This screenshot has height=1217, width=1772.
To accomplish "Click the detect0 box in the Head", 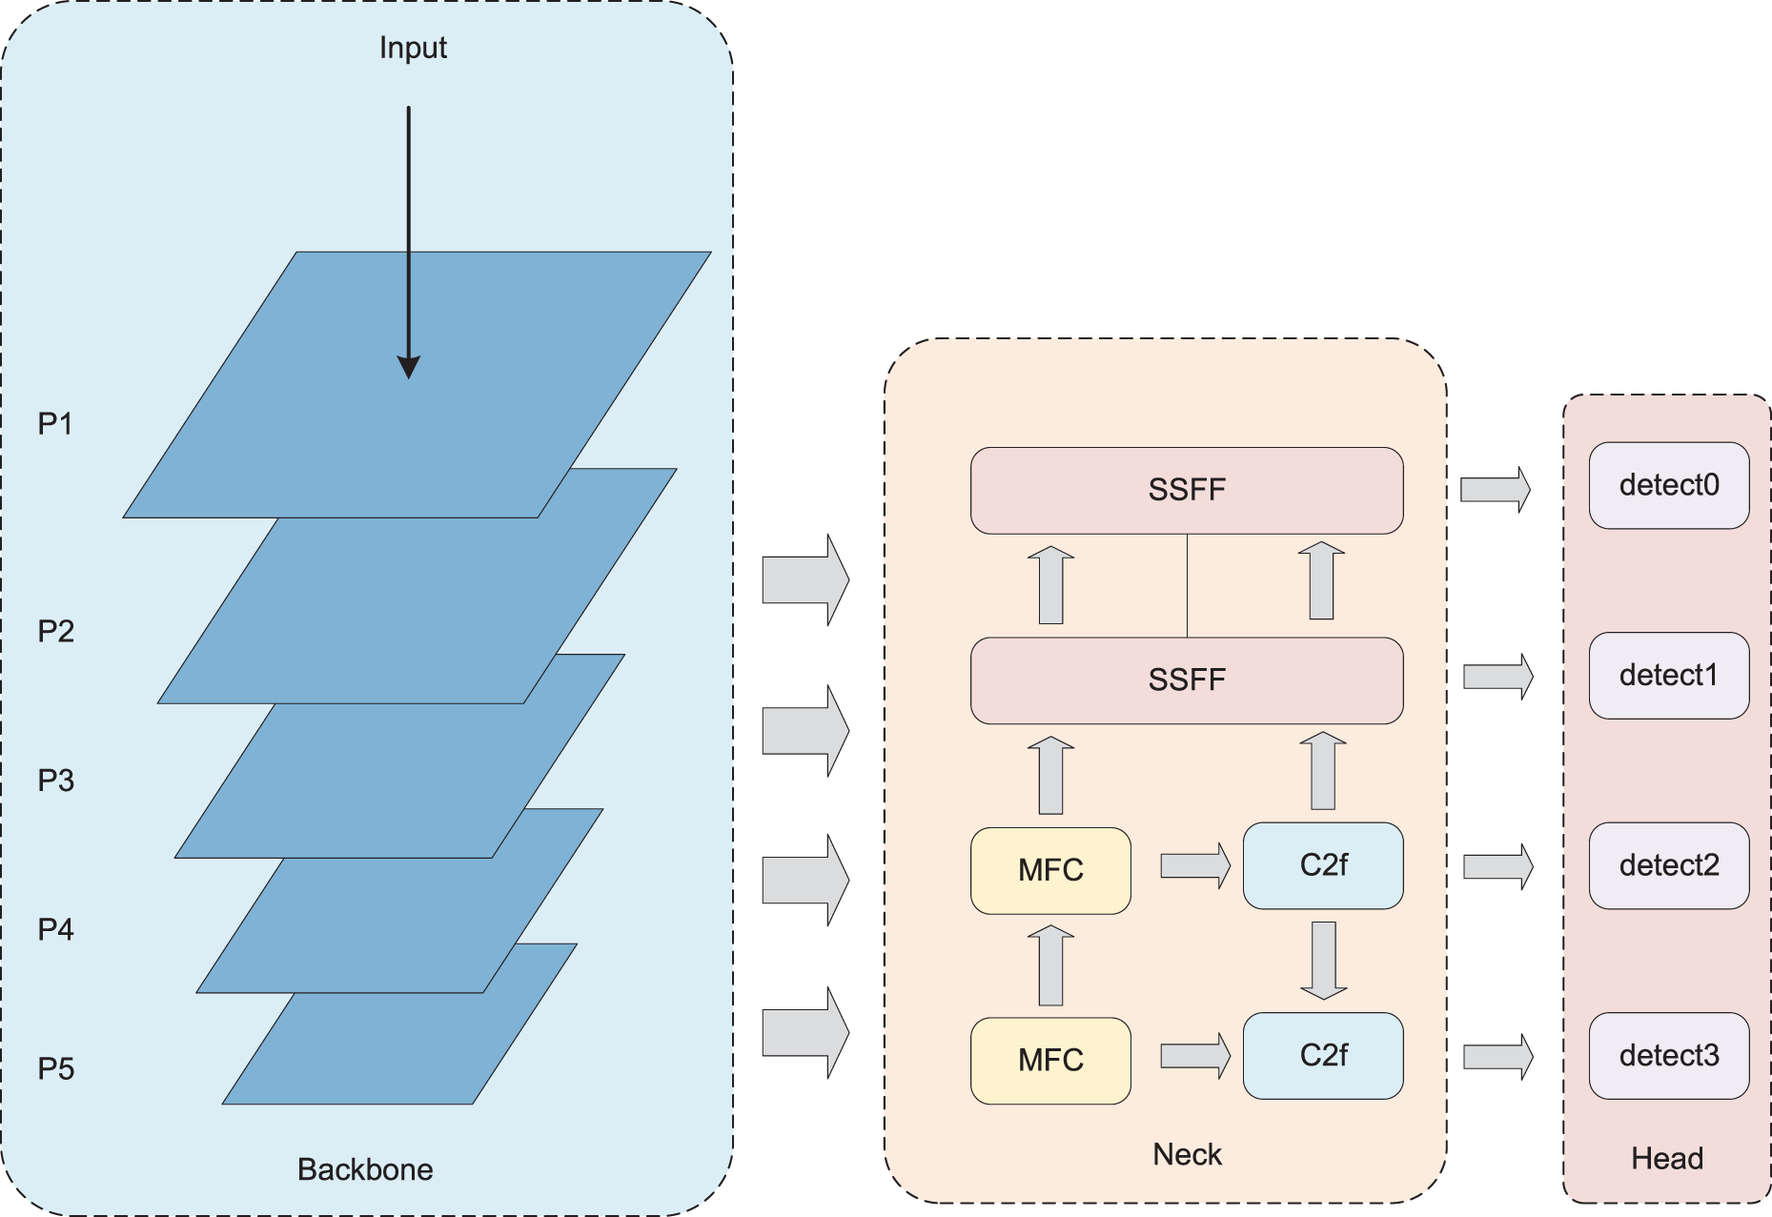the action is pyautogui.click(x=1669, y=485).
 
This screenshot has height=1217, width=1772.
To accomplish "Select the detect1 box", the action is pyautogui.click(x=1669, y=676).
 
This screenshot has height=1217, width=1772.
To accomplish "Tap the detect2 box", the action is pyautogui.click(x=1669, y=865).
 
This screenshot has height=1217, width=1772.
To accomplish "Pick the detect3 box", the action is pyautogui.click(x=1669, y=1056).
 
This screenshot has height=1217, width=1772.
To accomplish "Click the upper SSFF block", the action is pyautogui.click(x=1187, y=491).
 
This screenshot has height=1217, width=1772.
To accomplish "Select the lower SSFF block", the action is pyautogui.click(x=1187, y=680).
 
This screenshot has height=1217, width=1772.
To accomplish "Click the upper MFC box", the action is pyautogui.click(x=1050, y=871).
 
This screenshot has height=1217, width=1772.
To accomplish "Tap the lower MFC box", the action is pyautogui.click(x=1050, y=1061).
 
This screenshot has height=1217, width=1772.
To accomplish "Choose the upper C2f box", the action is pyautogui.click(x=1323, y=866).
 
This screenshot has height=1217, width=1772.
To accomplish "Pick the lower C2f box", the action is pyautogui.click(x=1323, y=1056).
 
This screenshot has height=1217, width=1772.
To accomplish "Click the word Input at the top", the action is pyautogui.click(x=413, y=48).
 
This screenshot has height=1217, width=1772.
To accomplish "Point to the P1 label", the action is pyautogui.click(x=55, y=424).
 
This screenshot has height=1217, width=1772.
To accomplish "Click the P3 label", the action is pyautogui.click(x=55, y=781).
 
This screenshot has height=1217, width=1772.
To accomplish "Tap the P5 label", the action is pyautogui.click(x=55, y=1069).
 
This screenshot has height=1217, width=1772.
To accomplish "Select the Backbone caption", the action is pyautogui.click(x=365, y=1169).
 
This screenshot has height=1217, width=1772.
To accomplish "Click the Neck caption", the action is pyautogui.click(x=1187, y=1154).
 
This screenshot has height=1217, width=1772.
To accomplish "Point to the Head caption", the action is pyautogui.click(x=1667, y=1158).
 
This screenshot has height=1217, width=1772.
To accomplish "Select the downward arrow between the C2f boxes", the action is pyautogui.click(x=1323, y=961).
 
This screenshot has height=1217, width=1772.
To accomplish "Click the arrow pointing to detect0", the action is pyautogui.click(x=1496, y=490).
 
